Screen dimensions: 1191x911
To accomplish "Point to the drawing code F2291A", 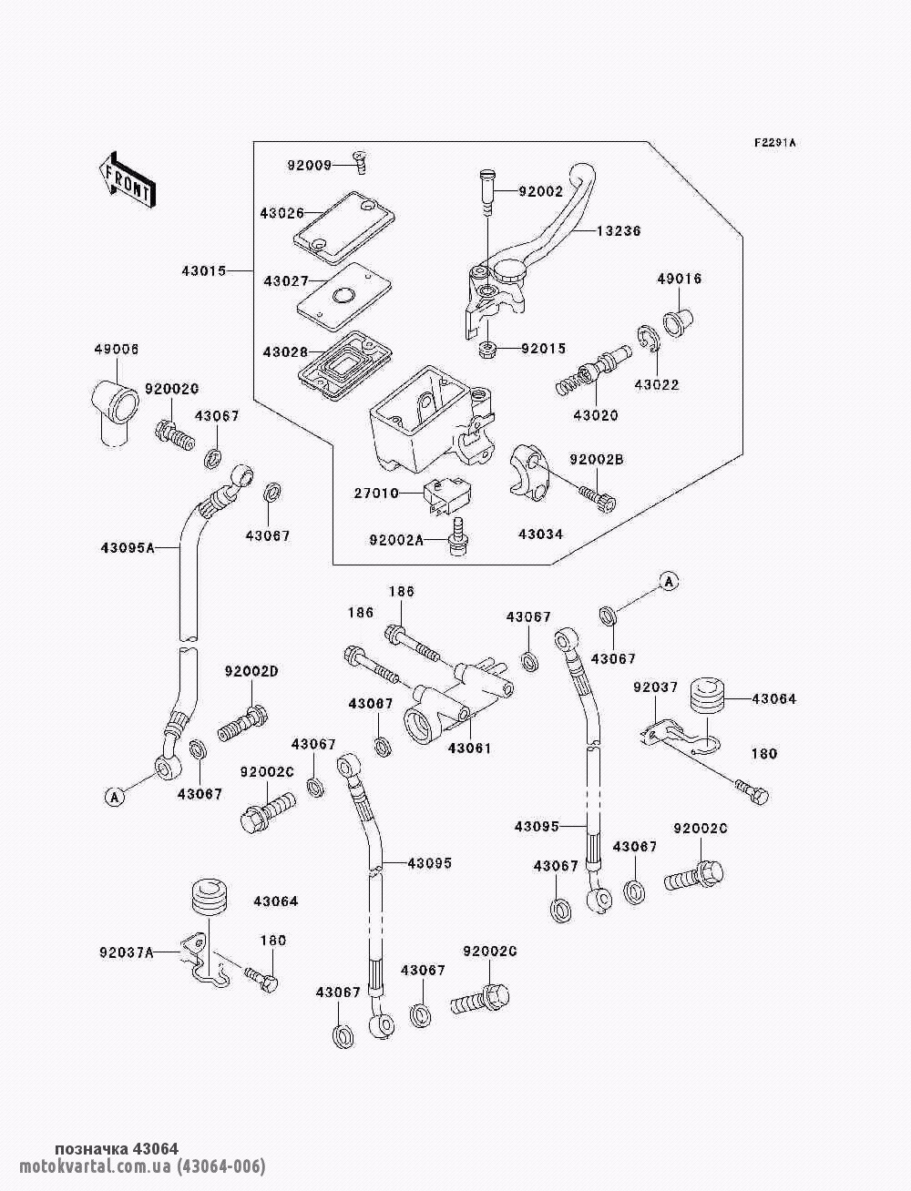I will click(x=774, y=143).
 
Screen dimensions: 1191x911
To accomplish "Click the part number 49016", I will click(x=680, y=279).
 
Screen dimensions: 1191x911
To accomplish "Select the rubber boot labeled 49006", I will click(x=113, y=401).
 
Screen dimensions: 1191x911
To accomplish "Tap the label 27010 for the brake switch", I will click(x=376, y=494).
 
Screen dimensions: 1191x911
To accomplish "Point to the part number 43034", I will click(x=540, y=534).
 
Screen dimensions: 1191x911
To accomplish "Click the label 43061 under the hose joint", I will click(x=469, y=748).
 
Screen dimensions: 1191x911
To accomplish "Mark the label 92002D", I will click(x=251, y=672).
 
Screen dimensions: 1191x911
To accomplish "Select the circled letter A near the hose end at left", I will click(x=114, y=797).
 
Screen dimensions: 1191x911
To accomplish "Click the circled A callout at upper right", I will click(x=670, y=581).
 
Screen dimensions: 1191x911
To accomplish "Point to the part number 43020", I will click(x=595, y=415).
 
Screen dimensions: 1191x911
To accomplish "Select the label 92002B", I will click(x=597, y=460).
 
